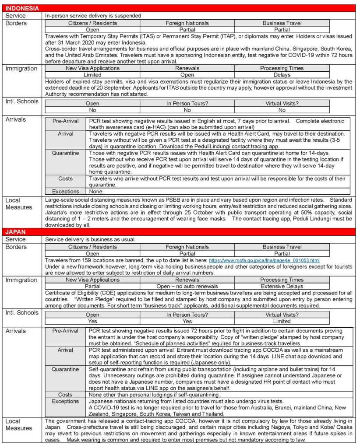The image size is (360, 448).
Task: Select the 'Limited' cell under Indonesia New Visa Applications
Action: click(x=92, y=75)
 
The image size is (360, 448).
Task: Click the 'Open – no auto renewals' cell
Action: click(x=187, y=286)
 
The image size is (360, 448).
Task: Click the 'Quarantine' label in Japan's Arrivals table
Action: click(x=66, y=369)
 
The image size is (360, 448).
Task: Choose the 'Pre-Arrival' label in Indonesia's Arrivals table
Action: click(x=66, y=121)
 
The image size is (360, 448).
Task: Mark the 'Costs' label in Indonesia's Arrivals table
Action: click(x=66, y=178)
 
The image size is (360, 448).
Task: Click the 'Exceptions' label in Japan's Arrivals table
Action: click(x=66, y=401)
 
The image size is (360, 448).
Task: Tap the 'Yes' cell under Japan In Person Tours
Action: click(x=187, y=321)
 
